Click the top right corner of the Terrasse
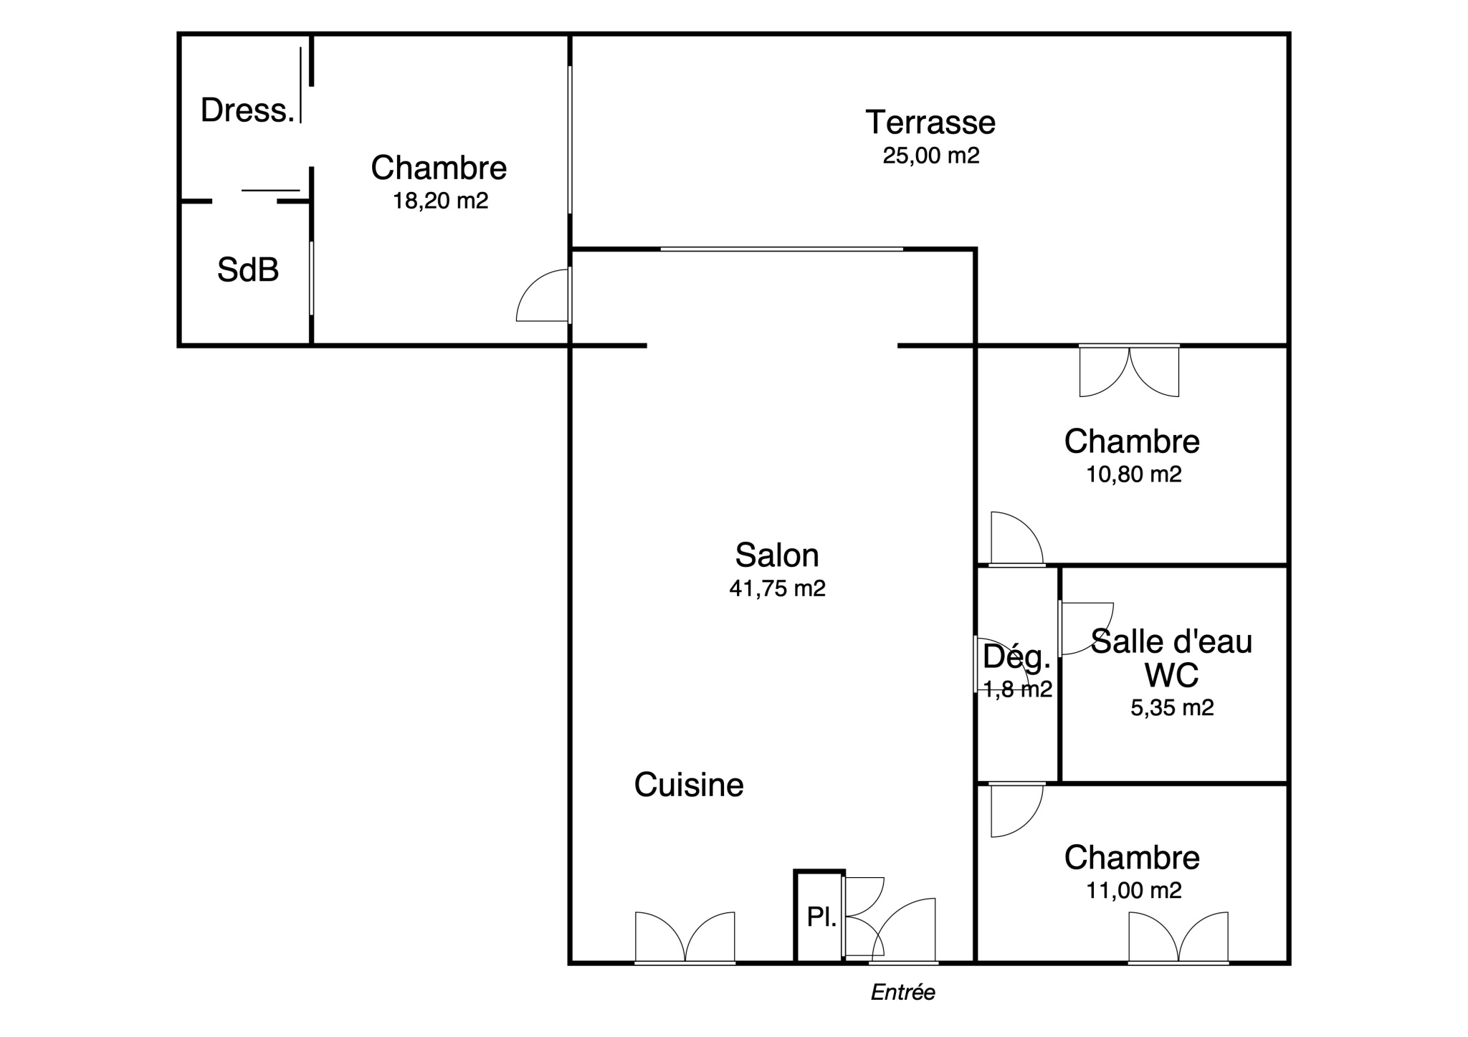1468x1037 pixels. [x=1289, y=34]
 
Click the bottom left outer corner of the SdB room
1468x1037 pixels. [x=179, y=345]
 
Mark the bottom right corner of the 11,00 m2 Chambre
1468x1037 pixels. [x=1289, y=963]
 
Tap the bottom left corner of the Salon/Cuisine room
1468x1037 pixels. [x=571, y=963]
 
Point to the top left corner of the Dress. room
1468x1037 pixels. [x=179, y=34]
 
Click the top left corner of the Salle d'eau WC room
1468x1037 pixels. [x=1060, y=565]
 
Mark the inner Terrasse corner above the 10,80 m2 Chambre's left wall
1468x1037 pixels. [x=976, y=346]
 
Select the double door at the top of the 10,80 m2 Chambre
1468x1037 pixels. [x=1129, y=371]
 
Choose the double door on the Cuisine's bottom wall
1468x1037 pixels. [x=685, y=937]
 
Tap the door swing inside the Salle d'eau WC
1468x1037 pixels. [x=1086, y=629]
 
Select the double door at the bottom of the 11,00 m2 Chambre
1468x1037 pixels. [x=1178, y=937]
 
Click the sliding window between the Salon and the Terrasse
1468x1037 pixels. [x=781, y=249]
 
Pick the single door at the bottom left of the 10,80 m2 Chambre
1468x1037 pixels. [x=1017, y=539]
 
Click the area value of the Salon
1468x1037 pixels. [x=778, y=588]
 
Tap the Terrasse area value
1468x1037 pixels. [x=931, y=156]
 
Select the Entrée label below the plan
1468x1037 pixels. [x=903, y=993]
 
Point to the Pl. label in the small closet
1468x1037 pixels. [x=821, y=917]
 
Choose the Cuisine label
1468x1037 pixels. [x=689, y=785]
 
